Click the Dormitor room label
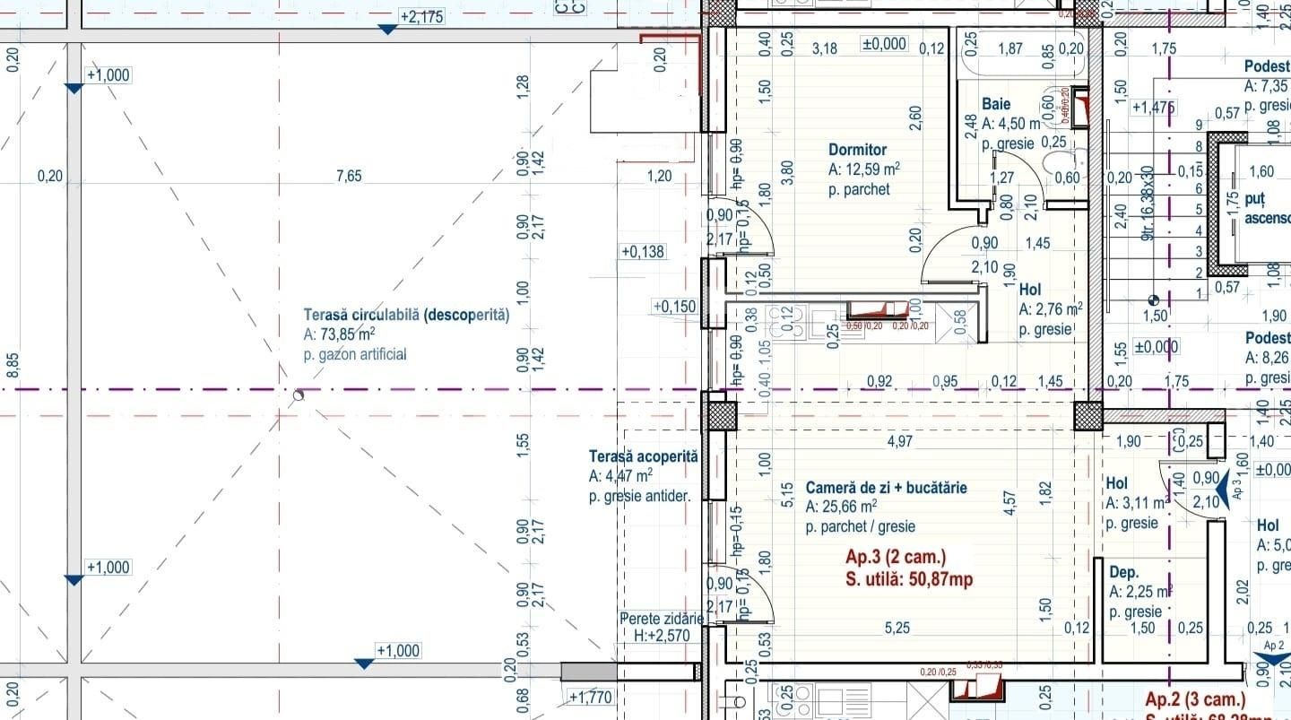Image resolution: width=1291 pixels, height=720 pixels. point(857,150)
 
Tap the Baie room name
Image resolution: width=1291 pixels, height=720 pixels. point(995,104)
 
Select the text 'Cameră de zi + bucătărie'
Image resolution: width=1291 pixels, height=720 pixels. point(886,488)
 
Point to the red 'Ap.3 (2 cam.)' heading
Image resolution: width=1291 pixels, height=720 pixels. point(895,557)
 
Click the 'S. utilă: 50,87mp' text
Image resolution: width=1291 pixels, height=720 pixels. point(908,579)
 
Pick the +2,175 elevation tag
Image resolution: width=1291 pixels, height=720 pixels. point(421,16)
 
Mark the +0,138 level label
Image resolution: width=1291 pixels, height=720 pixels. point(643,252)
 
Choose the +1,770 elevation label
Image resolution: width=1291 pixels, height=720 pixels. point(589,696)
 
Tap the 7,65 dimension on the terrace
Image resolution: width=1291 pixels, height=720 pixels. point(349,176)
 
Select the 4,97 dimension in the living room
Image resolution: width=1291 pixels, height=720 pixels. point(899,441)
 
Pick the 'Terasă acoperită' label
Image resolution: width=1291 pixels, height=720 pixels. point(643,456)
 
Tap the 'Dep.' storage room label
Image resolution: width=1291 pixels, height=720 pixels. point(1123,572)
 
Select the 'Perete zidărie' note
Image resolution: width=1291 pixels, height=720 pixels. point(662,619)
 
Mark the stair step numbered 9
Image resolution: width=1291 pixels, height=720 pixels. point(1199,126)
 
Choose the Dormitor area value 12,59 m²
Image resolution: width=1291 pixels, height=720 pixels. point(863,169)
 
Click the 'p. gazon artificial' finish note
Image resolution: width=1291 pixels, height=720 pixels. point(355,354)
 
